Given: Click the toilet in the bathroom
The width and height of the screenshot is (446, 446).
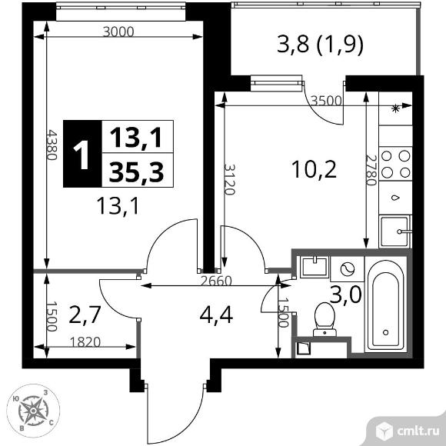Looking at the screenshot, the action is pos(325,319).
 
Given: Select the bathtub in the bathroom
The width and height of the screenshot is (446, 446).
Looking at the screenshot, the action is pos(386,305).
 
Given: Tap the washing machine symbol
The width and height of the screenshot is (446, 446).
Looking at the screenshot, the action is pos(348,269).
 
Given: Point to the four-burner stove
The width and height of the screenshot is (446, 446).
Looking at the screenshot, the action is pos(396,164).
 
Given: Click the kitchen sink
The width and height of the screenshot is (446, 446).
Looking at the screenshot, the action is pos(396,231).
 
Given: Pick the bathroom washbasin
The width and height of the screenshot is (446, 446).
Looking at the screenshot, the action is pos(315,267).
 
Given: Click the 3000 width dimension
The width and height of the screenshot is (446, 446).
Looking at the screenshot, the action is pos(118,32).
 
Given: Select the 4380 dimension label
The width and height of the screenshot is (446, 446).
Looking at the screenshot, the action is pos(52,145).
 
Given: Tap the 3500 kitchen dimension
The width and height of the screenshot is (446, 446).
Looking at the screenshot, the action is pos(326,101).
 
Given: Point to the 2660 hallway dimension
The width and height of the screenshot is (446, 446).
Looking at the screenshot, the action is pos(216,281).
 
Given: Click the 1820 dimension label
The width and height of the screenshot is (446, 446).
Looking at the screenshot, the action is pos(85,342).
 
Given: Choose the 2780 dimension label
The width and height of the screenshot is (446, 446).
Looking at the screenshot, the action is pos(371,170).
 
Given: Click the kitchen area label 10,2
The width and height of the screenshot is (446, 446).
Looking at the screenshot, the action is pos(314,169).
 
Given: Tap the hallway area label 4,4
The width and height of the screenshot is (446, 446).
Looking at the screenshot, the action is pos(216,315).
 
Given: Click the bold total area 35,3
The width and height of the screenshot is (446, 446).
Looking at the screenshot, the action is pos(137,171).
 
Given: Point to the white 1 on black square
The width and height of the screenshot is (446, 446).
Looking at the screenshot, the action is pos(82,154).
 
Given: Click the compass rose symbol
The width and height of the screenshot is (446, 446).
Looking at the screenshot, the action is pos(33,410).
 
